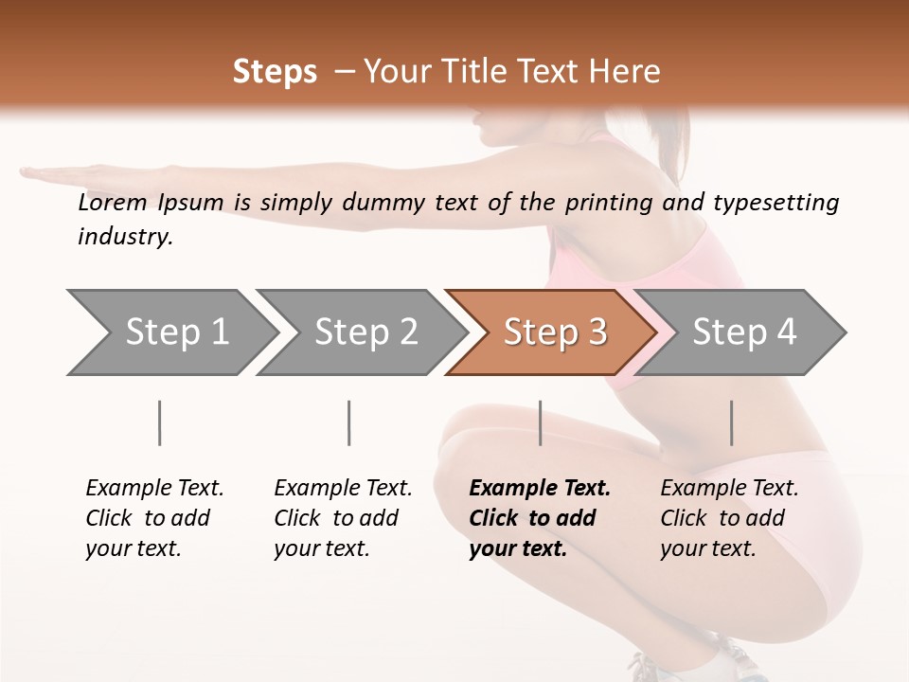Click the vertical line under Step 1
coord(159,422)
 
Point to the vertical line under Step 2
coord(349,422)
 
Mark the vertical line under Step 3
coord(540,422)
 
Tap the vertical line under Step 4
coord(731,422)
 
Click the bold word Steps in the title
coord(275,72)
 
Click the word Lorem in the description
coord(113,203)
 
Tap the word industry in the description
coord(125,236)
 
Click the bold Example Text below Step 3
coord(540,489)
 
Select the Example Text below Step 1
coord(154,489)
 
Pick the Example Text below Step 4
coord(729,489)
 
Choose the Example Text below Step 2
coord(343,489)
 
